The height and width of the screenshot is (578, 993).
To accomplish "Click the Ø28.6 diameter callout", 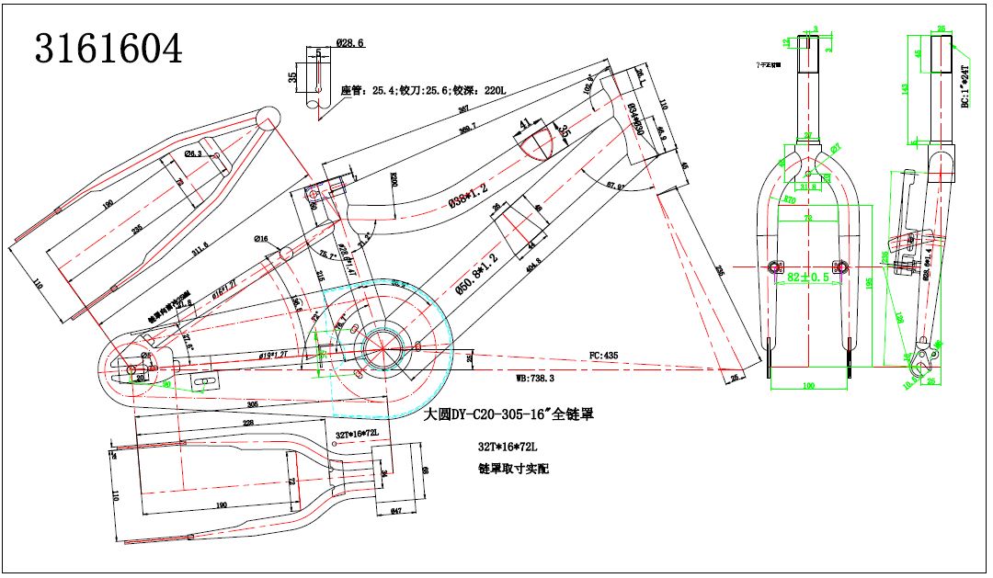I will tap(350, 43).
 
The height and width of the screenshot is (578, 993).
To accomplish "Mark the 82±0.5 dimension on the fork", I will tap(807, 276).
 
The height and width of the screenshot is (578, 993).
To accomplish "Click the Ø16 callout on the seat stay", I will tap(262, 239).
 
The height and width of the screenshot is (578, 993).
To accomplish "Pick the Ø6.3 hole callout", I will tap(194, 153).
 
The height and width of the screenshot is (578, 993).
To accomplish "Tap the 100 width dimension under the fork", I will tap(808, 387).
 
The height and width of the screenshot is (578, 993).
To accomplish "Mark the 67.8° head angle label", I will tap(616, 187).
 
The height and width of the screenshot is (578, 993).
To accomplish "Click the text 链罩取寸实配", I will tap(512, 470).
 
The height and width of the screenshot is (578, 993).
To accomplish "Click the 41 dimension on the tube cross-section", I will tap(526, 122).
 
